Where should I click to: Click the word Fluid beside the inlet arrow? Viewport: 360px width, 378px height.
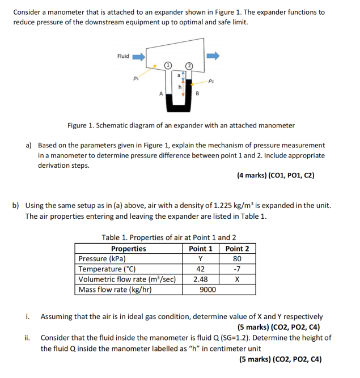(123, 56)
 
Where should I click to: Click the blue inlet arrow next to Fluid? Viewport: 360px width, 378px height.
(139, 56)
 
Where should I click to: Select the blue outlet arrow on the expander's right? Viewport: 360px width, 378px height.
(213, 56)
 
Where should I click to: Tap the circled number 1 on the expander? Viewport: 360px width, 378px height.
(168, 66)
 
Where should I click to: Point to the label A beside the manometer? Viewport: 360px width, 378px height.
(161, 94)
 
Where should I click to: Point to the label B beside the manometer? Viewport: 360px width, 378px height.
(197, 94)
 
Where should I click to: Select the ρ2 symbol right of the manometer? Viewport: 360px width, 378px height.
(211, 82)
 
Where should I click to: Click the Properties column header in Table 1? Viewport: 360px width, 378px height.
(128, 249)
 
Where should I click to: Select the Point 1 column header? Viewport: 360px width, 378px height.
(201, 249)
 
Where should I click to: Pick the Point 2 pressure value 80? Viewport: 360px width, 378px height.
(237, 259)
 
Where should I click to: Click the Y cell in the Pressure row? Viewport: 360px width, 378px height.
(201, 259)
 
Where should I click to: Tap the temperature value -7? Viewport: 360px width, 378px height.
(237, 269)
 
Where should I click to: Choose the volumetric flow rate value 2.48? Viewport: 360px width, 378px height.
(201, 279)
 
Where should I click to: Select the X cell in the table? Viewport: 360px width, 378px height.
(237, 279)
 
